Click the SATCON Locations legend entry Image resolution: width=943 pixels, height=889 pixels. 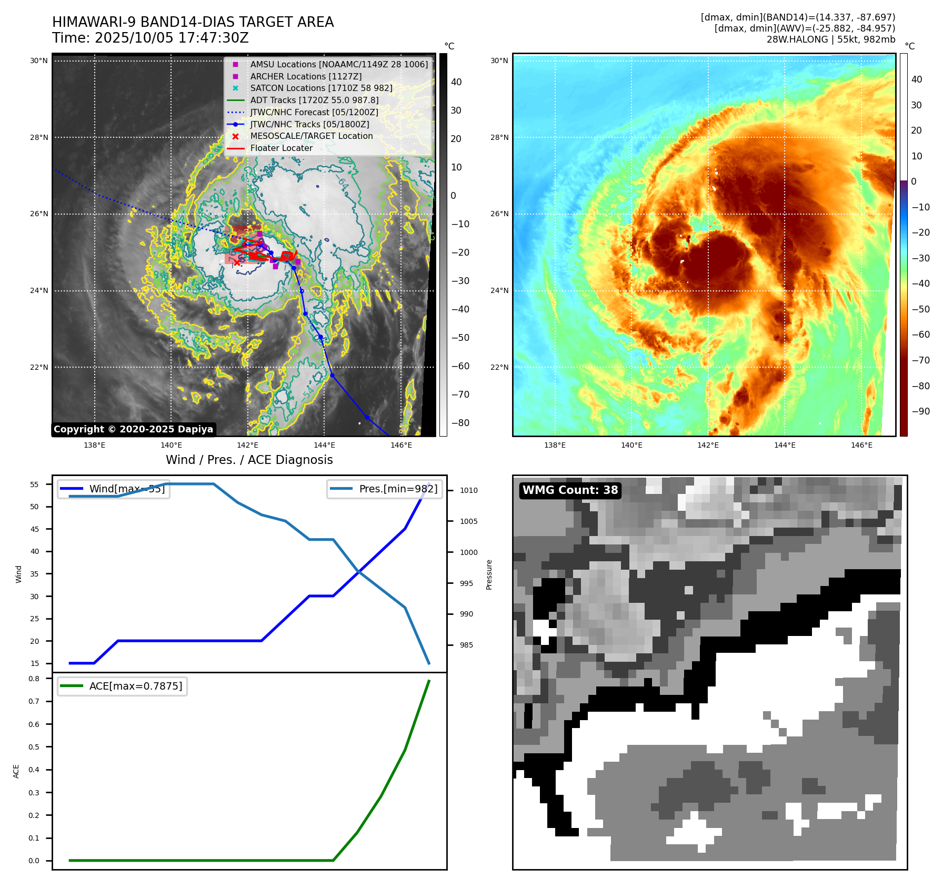(x=321, y=88)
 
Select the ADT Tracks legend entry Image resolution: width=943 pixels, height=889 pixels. (x=314, y=100)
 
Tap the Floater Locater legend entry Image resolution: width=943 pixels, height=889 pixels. (x=281, y=148)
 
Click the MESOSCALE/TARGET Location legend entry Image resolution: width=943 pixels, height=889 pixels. (x=311, y=136)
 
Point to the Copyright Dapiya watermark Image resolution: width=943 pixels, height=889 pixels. (x=133, y=429)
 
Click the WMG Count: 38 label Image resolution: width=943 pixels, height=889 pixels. (x=570, y=490)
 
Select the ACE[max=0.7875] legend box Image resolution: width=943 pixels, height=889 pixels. (x=123, y=686)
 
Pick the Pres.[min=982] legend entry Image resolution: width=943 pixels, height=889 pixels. (x=385, y=489)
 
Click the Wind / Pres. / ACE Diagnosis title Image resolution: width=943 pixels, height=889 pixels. (x=249, y=460)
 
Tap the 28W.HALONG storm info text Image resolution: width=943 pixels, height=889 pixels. (x=830, y=39)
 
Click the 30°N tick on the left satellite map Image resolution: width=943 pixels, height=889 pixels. (x=39, y=61)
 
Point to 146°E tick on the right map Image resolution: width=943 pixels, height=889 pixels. (x=861, y=446)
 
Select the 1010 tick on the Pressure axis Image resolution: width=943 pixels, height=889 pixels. (x=468, y=491)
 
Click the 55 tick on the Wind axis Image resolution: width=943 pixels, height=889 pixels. (x=35, y=484)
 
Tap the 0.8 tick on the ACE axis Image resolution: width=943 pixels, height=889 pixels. (x=34, y=679)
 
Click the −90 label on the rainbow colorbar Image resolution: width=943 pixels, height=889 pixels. (x=920, y=411)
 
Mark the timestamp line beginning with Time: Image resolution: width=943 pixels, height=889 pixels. (x=150, y=38)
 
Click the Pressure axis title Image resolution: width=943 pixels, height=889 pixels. (x=489, y=574)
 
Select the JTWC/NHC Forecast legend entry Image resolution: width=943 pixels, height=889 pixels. (x=314, y=113)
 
